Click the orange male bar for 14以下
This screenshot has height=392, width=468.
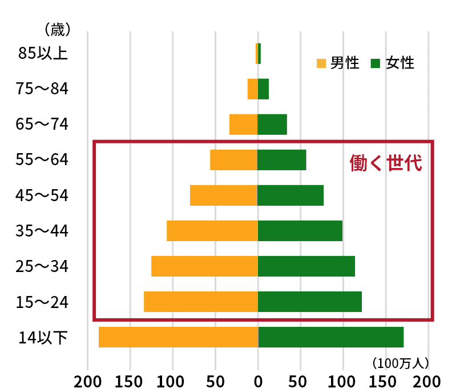point(178,337)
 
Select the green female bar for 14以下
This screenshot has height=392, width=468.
point(331,337)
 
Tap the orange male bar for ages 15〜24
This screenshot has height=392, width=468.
point(201,302)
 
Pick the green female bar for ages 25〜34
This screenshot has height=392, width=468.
point(306,266)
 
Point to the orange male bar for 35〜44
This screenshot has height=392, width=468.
point(212,231)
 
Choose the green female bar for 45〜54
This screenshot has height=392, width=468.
point(291,195)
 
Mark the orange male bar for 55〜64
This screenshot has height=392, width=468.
point(234,160)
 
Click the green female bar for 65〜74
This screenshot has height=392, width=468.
point(272,125)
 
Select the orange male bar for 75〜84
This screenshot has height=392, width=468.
point(252,89)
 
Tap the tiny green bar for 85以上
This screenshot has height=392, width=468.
point(260,54)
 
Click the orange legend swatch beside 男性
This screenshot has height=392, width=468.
point(321,63)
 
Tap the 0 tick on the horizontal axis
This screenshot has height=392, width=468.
point(258,381)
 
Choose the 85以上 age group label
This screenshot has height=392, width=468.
point(43,54)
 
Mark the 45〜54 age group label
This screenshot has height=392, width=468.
point(43,195)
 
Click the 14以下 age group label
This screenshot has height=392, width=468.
point(43,337)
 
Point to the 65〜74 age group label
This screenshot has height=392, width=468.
point(43,125)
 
